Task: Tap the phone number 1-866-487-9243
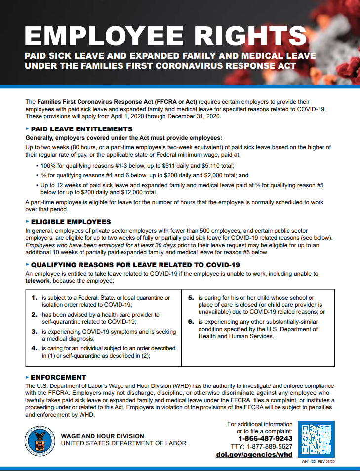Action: tap(265, 438)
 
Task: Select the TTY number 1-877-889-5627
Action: tap(270, 446)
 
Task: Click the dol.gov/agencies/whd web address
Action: tap(254, 455)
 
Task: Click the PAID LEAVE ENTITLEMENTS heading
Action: tap(81, 129)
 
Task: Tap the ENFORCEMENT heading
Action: tap(58, 377)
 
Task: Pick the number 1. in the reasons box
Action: tap(34, 298)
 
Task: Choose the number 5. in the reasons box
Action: tap(191, 298)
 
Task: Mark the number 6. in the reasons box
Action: tap(191, 321)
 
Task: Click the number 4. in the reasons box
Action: tap(34, 348)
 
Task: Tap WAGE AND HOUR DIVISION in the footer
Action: tap(102, 436)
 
